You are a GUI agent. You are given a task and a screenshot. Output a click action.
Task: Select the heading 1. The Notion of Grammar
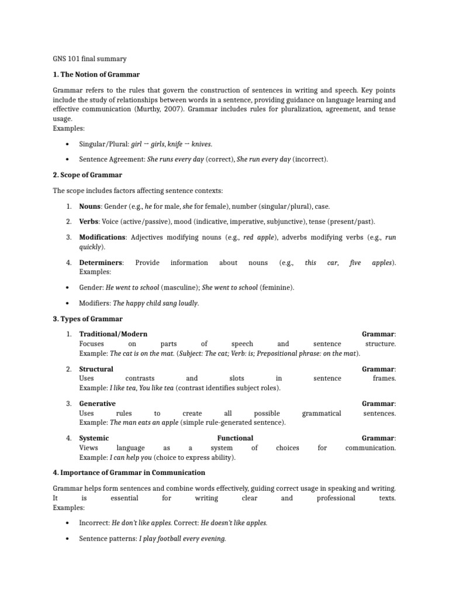[96, 75]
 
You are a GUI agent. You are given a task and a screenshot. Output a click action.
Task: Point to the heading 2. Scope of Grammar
[88, 174]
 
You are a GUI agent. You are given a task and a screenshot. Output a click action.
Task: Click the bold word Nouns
[89, 206]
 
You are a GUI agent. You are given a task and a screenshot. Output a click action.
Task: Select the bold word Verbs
[89, 222]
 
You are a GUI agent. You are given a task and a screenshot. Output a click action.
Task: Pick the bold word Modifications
[102, 237]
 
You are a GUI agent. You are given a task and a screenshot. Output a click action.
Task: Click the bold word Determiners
[101, 263]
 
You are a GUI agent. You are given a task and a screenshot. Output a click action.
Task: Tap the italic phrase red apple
[257, 237]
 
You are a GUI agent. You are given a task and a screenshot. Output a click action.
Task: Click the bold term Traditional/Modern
[113, 334]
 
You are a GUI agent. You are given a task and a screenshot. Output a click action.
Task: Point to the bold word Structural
[96, 369]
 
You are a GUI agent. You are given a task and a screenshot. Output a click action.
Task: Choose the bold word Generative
[98, 404]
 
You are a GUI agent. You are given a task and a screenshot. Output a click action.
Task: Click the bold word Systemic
[94, 438]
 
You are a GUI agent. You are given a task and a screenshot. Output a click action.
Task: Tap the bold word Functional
[235, 438]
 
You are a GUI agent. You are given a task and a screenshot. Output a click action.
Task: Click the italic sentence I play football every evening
[182, 539]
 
